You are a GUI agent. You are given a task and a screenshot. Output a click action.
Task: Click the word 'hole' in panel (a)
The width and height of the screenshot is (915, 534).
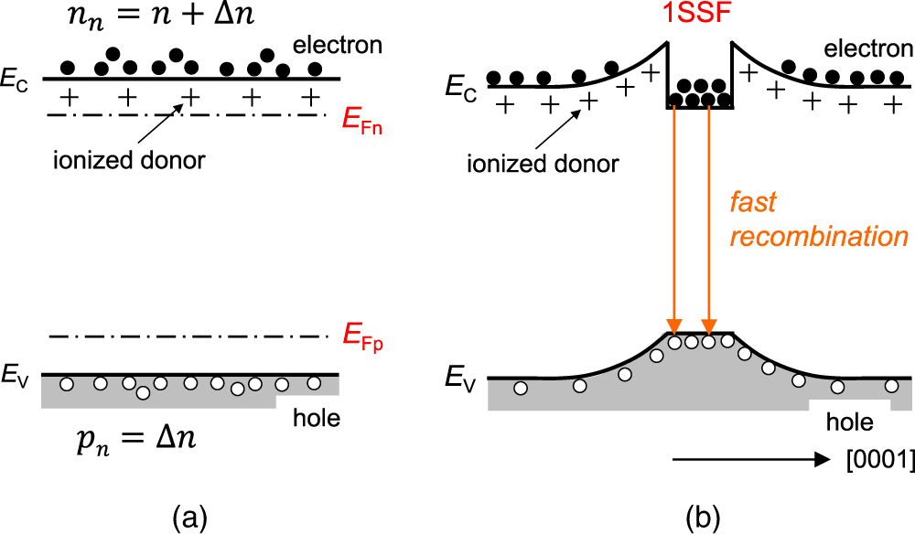[316, 420]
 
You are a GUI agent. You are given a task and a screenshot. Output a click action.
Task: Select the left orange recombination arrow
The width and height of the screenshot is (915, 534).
[674, 219]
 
